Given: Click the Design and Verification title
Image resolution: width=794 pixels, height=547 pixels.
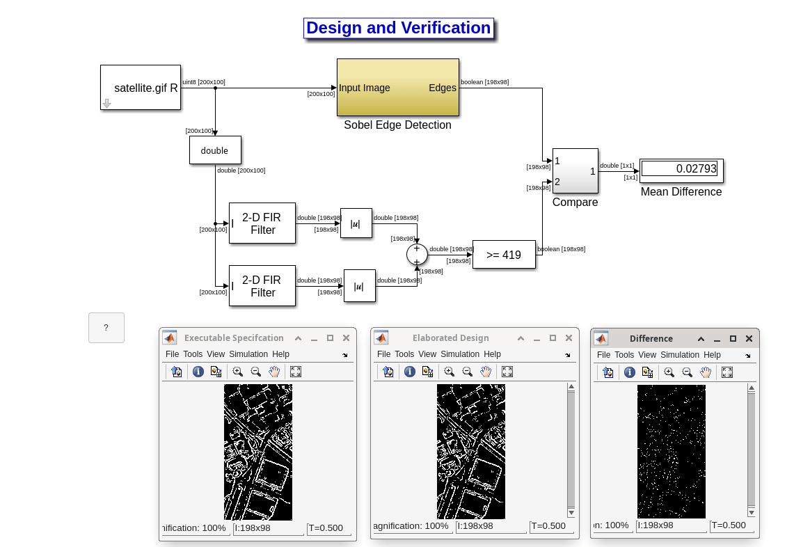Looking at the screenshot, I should pos(398,28).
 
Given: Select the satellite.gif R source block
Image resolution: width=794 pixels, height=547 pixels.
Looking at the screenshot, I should pos(141,88).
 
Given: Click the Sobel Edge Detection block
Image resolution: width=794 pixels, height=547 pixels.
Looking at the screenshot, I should pos(397,87).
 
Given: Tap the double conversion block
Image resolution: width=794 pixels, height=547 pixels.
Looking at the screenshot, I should pos(215,150).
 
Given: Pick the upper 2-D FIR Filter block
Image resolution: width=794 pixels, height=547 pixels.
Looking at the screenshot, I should pos(262,223).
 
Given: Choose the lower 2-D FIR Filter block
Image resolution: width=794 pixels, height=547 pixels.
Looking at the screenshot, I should pos(262,286).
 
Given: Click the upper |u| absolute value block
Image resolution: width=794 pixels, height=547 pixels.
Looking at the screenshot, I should pos(356,223).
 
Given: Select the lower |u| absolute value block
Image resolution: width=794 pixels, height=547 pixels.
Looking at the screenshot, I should pos(359,286).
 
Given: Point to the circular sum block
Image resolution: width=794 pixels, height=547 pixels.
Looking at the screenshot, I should pos(417,255).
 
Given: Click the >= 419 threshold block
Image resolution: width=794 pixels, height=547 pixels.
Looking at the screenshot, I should pos(504,255).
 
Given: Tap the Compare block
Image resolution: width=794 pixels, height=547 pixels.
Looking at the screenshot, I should pos(575,171).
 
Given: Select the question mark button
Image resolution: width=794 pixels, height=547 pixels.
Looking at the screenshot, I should pos(106,328).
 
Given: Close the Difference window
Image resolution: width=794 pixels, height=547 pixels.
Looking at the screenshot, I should pos(749,338).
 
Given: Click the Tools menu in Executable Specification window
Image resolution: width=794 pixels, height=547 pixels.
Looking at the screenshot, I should pos(193,354).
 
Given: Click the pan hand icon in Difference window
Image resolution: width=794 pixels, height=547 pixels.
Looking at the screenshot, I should pos(706,372).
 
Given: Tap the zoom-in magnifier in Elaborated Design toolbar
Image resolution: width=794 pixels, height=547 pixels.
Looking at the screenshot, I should pos(449,372).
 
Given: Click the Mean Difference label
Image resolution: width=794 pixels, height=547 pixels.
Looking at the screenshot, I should pos(681,192).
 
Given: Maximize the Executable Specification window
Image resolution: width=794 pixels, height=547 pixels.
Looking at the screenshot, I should pos(331,338).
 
